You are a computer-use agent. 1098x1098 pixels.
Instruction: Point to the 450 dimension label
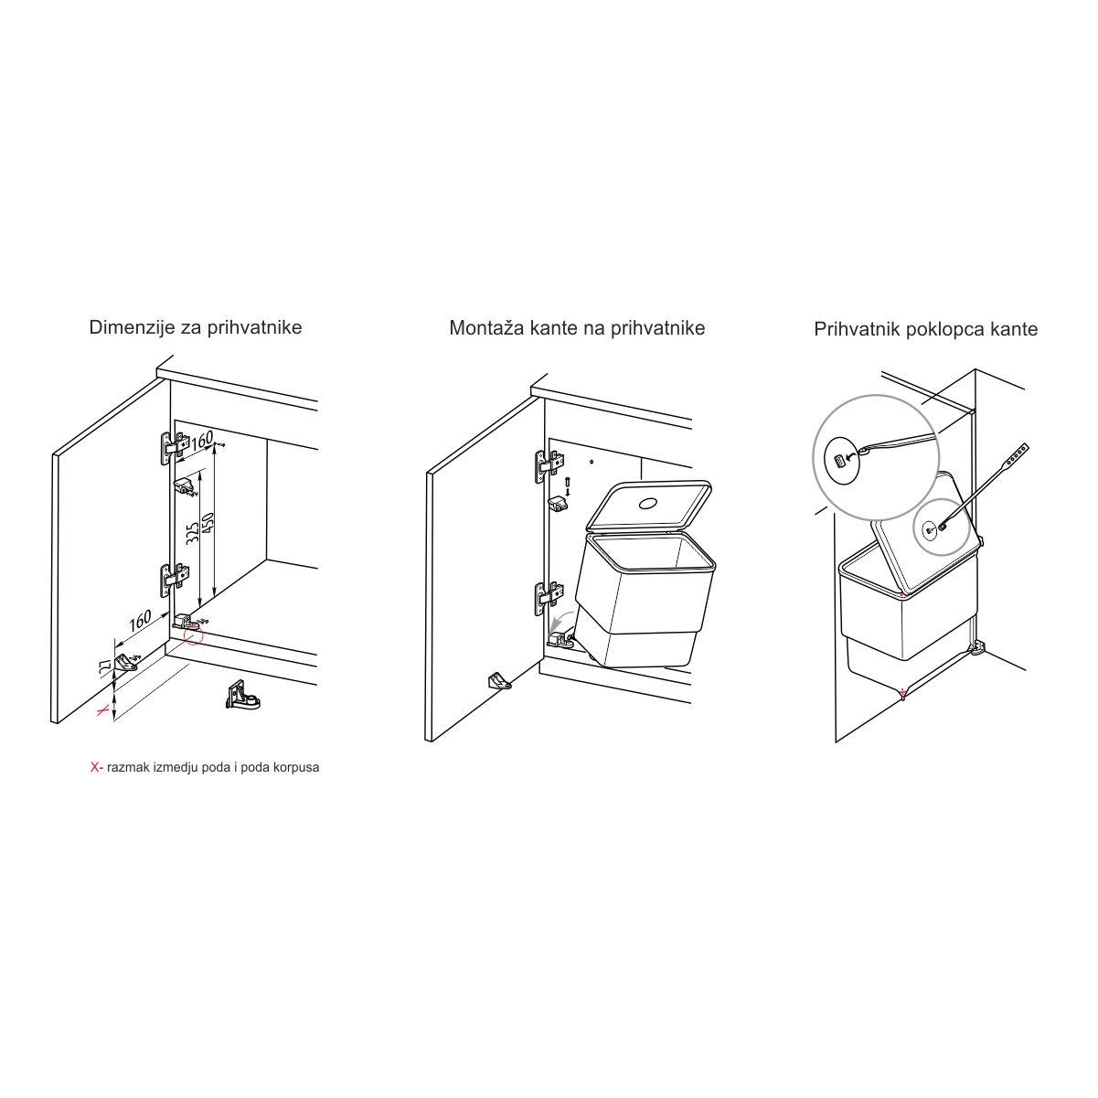208,528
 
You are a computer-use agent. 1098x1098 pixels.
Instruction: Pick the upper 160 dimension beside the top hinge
202,440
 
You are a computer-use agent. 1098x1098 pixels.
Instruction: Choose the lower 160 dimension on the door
140,619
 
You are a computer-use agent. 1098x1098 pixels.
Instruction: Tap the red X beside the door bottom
103,710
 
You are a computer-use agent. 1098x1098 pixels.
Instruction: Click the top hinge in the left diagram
175,445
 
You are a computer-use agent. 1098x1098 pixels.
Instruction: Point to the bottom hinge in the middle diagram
549,599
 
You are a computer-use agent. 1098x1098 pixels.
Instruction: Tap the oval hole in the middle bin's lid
648,504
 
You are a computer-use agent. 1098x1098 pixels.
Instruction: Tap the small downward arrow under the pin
568,491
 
